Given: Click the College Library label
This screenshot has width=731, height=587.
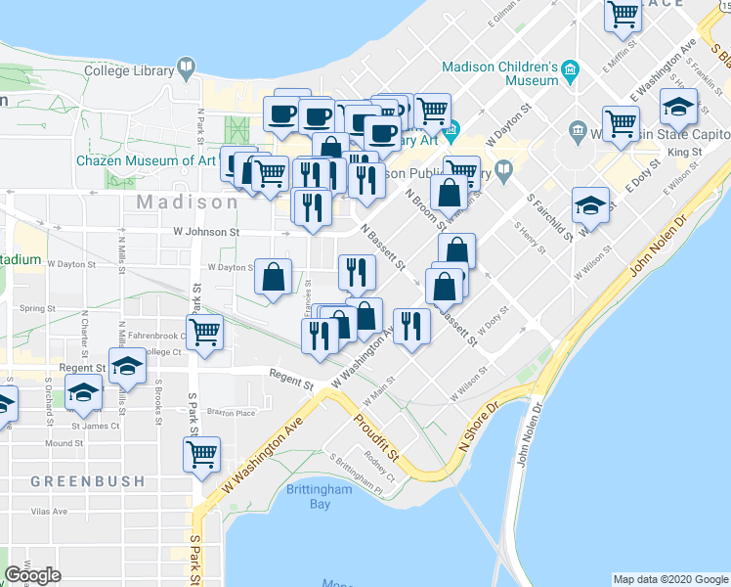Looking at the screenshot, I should coord(126,70).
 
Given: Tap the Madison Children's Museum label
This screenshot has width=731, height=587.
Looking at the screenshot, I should coord(499,68).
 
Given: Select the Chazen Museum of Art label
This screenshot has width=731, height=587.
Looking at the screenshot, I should coord(147,160).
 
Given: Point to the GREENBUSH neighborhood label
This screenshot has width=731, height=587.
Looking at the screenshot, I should coord(88,481).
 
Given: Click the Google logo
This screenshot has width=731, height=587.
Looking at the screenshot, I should coord(33,575).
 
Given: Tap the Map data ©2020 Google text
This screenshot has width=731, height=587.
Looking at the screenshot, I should coord(670,579).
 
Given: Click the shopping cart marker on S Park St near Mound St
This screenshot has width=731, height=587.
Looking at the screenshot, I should coord(201,452).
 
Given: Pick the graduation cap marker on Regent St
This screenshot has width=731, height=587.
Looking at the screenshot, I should coord(126,367).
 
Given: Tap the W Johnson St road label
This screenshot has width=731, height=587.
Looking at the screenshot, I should coord(206,233).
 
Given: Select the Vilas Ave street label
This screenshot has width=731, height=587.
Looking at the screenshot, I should coord(48,512).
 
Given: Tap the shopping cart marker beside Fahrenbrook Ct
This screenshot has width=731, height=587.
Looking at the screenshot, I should coord(205,331).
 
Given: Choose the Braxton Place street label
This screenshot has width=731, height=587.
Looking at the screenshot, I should coord(232,413).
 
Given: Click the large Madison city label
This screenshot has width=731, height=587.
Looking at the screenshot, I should coord(187,203).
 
